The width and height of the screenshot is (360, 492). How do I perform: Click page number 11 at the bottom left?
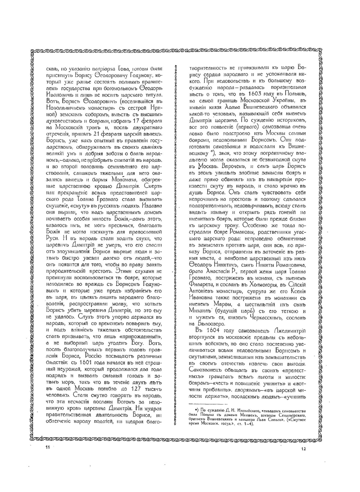tap(47, 447)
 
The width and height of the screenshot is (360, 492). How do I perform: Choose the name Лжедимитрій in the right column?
tap(288, 331)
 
